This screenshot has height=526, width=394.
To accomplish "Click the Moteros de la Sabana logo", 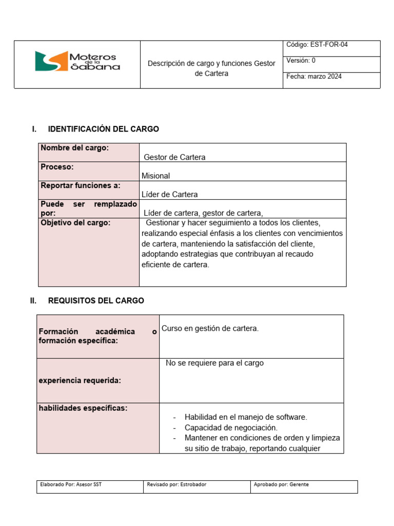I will (77, 61).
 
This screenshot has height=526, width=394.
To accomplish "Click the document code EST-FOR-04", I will (317, 45).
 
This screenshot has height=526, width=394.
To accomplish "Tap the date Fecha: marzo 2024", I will (314, 77).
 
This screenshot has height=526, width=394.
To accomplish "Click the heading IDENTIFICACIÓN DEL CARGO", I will (103, 129).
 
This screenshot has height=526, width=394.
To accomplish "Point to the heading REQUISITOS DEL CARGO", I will (96, 300).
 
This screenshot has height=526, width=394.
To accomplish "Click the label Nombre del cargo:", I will (74, 148).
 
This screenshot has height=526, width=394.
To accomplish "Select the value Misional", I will (155, 176).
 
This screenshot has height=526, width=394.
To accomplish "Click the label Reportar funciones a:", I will (80, 185).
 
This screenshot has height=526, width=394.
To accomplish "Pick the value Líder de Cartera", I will (169, 194).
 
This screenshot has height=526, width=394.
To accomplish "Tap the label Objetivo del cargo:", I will (75, 222).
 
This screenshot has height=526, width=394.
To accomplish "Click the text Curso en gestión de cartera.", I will (210, 328).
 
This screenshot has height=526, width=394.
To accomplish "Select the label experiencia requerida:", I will (80, 380).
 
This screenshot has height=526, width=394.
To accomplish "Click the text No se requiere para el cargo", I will (214, 363).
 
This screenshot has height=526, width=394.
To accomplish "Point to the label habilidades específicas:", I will (83, 408).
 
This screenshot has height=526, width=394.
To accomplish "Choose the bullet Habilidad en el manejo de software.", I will (246, 417).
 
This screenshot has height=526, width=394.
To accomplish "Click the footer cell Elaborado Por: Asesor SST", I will (71, 484).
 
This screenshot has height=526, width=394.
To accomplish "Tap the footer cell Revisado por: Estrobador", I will (176, 484).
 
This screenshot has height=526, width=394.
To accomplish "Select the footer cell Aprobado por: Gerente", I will (281, 484).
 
